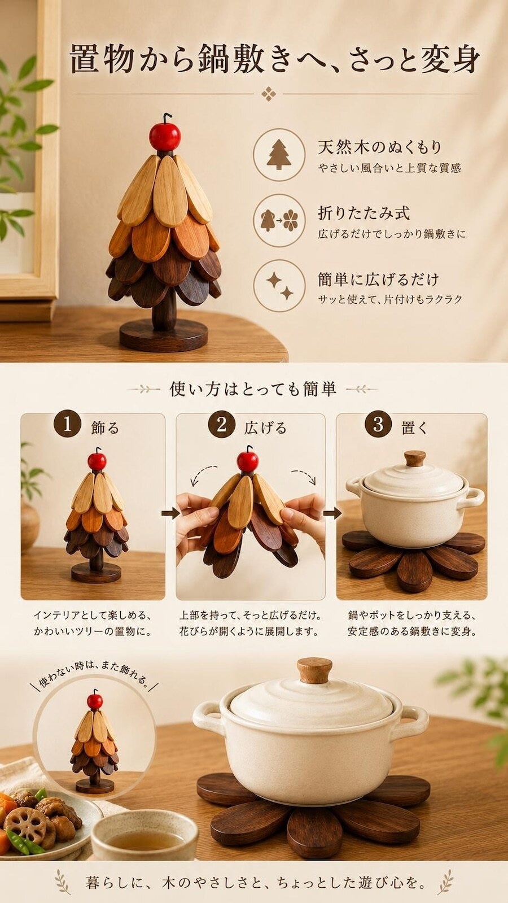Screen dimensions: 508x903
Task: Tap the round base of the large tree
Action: click(163, 334)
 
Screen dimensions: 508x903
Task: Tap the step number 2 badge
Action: click(222, 425)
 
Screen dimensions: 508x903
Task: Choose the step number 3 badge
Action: click(378, 425)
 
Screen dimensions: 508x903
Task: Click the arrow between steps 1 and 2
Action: click(170, 513)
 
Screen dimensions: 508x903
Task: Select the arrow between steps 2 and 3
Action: click(332, 513)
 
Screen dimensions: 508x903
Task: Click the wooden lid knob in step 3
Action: click(415, 459)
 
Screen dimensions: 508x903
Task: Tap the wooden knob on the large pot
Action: click(314, 671)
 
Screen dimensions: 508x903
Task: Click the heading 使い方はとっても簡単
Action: click(253, 390)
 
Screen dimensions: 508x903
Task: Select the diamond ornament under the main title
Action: click(268, 94)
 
